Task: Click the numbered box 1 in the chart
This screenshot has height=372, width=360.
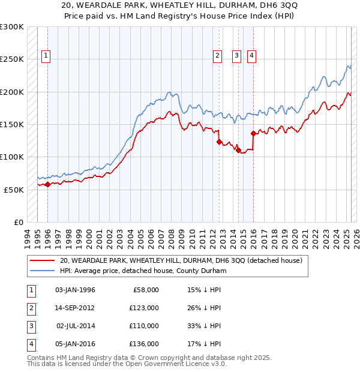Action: tap(46, 56)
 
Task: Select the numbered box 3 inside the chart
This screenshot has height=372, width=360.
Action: tap(237, 56)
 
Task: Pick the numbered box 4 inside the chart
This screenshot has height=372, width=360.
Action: tap(251, 56)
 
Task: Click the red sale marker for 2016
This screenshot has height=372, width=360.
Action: tap(253, 133)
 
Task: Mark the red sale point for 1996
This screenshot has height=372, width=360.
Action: tap(47, 184)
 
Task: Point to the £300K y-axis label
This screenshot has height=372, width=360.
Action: tap(12, 27)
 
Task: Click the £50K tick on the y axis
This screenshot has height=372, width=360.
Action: tap(14, 189)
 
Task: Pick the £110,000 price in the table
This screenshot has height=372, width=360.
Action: tap(145, 326)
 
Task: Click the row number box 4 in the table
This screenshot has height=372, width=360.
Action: tap(29, 344)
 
